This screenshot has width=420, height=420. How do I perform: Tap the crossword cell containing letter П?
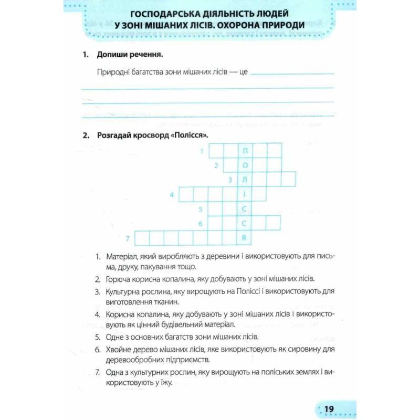(245, 152)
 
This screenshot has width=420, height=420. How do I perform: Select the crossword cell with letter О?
(245, 166)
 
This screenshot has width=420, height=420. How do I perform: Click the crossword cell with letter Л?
(245, 180)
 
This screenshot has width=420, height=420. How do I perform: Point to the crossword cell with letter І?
(245, 195)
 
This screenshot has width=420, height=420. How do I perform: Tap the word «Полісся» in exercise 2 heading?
(192, 135)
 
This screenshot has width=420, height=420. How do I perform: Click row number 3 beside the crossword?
(230, 180)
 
